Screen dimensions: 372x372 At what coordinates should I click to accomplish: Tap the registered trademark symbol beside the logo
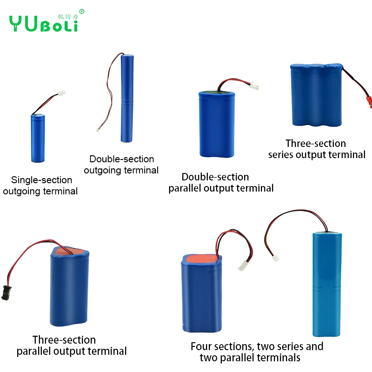(x=82, y=11)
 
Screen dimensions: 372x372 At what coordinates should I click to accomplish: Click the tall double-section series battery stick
(x=126, y=98)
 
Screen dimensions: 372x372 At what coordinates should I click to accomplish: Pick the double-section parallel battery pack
(x=216, y=125)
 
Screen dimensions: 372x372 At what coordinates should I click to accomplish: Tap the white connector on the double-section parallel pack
(x=254, y=86)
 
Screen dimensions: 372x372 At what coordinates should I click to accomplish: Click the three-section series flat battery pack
(x=317, y=96)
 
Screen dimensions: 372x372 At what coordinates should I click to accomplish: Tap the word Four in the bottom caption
(x=201, y=346)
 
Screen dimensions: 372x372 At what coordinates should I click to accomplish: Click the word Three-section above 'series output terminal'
(x=316, y=143)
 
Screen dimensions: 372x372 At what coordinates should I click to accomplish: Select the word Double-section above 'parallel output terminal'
(x=215, y=177)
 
